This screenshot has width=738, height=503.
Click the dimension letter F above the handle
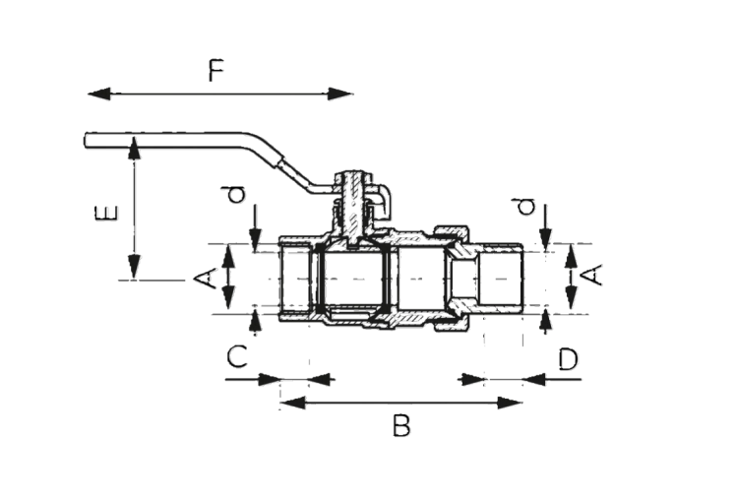pyautogui.click(x=216, y=70)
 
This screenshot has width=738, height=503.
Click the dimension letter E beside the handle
pyautogui.click(x=106, y=214)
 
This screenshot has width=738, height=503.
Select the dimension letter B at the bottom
pyautogui.click(x=401, y=425)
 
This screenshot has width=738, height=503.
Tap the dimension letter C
pyautogui.click(x=237, y=356)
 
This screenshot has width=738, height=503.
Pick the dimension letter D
pyautogui.click(x=569, y=359)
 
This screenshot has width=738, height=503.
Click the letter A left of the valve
pyautogui.click(x=206, y=278)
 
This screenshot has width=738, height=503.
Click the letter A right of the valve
pyautogui.click(x=591, y=275)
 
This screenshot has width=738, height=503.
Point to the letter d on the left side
pyautogui.click(x=237, y=195)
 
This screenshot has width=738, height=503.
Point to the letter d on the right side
pyautogui.click(x=526, y=207)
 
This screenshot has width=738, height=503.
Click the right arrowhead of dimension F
pyautogui.click(x=339, y=94)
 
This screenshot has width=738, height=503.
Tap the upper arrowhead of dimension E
pyautogui.click(x=135, y=149)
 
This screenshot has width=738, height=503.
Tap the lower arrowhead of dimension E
pyautogui.click(x=135, y=266)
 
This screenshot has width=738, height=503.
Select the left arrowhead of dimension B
pyautogui.click(x=292, y=403)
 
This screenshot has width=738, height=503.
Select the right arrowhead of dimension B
pyautogui.click(x=510, y=403)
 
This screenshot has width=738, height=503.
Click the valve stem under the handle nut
pyautogui.click(x=349, y=211)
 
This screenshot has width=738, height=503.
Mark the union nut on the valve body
pyautogui.click(x=452, y=278)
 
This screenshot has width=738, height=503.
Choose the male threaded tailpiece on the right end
pyautogui.click(x=500, y=279)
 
